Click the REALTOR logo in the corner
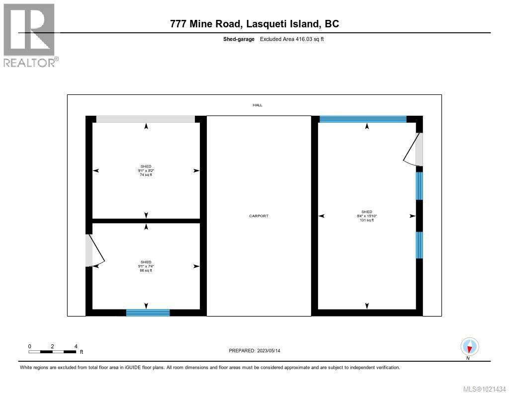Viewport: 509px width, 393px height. tap(30, 35)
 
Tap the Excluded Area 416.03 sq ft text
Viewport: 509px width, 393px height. tap(292, 39)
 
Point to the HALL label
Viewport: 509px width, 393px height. tap(257, 105)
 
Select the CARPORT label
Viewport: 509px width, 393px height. tap(259, 216)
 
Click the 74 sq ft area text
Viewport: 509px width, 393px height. tap(146, 175)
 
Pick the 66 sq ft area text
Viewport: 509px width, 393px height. tap(146, 270)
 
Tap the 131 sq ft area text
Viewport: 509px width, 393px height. tap(367, 220)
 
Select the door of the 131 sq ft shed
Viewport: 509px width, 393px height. tap(412, 149)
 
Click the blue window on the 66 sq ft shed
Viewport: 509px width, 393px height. tap(148, 313)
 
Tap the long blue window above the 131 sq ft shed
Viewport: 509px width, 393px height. tap(363, 119)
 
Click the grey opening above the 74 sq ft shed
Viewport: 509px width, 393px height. tap(145, 119)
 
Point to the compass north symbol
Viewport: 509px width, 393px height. tap(469, 346)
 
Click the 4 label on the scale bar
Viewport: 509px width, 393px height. tap(76, 346)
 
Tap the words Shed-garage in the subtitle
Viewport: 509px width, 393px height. tap(239, 39)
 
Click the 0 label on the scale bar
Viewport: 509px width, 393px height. tap(30, 346)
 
